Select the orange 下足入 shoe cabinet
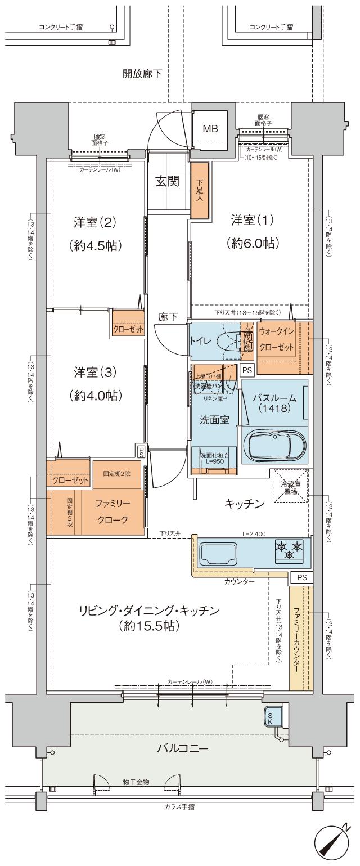pos(200,191)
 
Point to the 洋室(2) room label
pos(94,222)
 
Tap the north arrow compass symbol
pos(331,842)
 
